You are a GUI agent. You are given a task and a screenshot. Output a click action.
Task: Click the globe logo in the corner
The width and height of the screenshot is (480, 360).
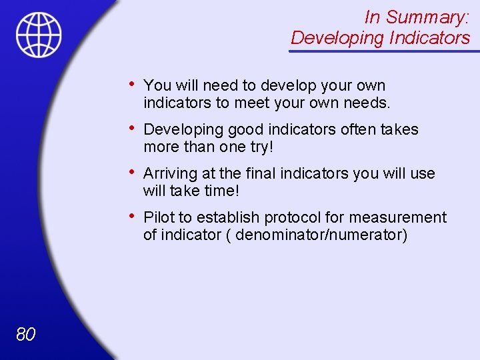click(39, 35)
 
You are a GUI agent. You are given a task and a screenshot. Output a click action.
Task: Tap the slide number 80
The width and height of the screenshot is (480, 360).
click(25, 334)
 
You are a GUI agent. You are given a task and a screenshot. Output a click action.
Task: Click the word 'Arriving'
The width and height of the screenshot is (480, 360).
click(171, 174)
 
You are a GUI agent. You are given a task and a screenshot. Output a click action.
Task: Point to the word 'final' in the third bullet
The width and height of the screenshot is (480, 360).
click(260, 173)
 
